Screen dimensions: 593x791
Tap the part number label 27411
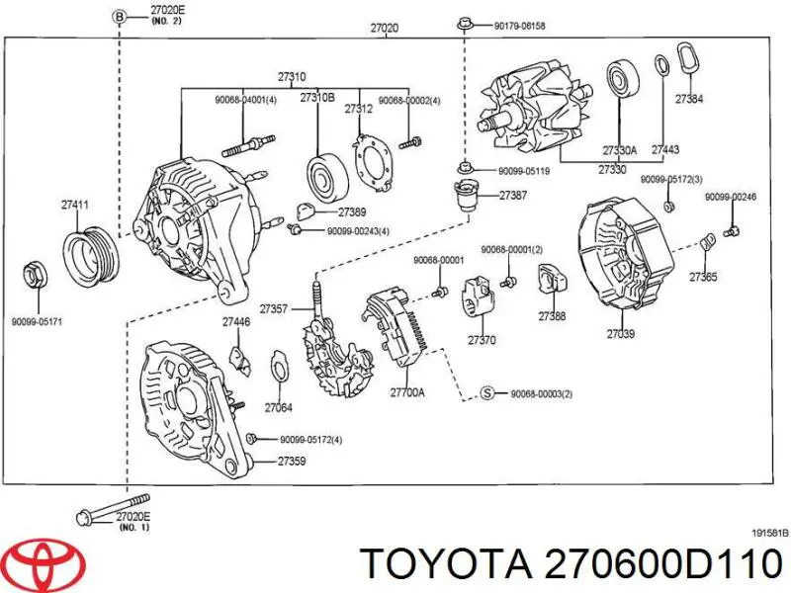tap(75, 205)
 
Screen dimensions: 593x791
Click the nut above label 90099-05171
tap(34, 273)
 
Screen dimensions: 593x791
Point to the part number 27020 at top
tap(384, 29)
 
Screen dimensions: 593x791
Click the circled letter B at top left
tap(118, 17)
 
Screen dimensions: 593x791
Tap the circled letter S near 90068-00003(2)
tap(486, 393)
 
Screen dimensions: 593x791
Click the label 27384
tap(689, 99)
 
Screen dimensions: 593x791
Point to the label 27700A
tap(407, 392)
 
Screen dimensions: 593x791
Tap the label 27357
tap(272, 309)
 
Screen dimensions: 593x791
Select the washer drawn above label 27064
tap(279, 372)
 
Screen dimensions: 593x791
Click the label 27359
tap(291, 461)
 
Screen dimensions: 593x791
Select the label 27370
tap(483, 339)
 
